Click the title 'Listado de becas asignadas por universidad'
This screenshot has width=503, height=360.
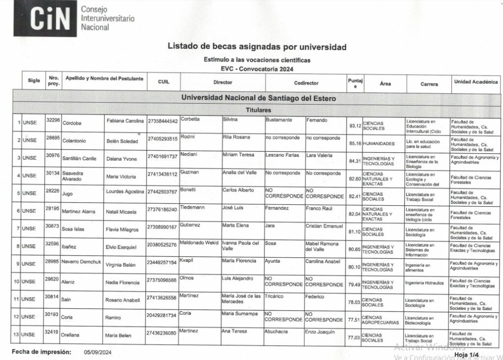[257, 47]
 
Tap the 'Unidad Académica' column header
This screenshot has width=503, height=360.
[475, 83]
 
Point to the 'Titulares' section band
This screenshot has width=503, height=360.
[258, 110]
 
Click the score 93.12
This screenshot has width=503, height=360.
[354, 126]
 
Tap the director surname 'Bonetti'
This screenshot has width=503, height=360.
[188, 190]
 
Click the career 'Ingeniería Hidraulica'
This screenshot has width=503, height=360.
[425, 283]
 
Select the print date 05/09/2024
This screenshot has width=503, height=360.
[98, 352]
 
